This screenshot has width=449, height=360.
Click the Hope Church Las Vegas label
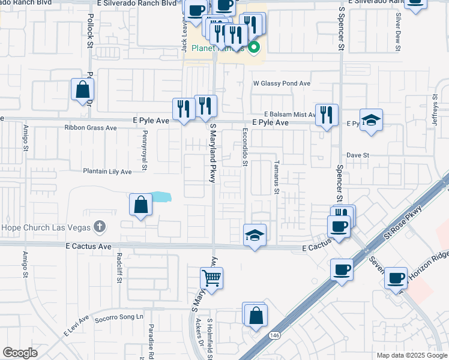click(45, 227)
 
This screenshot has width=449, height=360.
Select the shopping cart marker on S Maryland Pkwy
click(211, 278)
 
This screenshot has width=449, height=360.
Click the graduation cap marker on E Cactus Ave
click(255, 235)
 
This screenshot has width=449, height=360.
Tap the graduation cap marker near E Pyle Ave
click(371, 119)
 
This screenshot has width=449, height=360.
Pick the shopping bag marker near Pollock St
click(82, 90)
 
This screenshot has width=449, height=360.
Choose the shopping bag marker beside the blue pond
click(140, 205)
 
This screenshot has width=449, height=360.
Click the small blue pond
click(160, 197)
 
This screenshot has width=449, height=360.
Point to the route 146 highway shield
click(274, 335)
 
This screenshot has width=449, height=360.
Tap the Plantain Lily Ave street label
click(107, 172)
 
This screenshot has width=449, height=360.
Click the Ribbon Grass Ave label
click(91, 128)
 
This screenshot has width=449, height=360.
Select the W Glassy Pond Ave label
click(282, 83)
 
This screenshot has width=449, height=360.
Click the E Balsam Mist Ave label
click(290, 114)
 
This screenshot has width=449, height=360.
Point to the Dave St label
click(357, 155)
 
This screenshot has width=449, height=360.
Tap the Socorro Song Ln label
click(119, 316)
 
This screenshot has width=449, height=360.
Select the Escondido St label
click(246, 146)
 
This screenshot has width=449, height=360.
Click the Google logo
click(20, 353)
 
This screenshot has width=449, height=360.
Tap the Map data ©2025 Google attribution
click(411, 355)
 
